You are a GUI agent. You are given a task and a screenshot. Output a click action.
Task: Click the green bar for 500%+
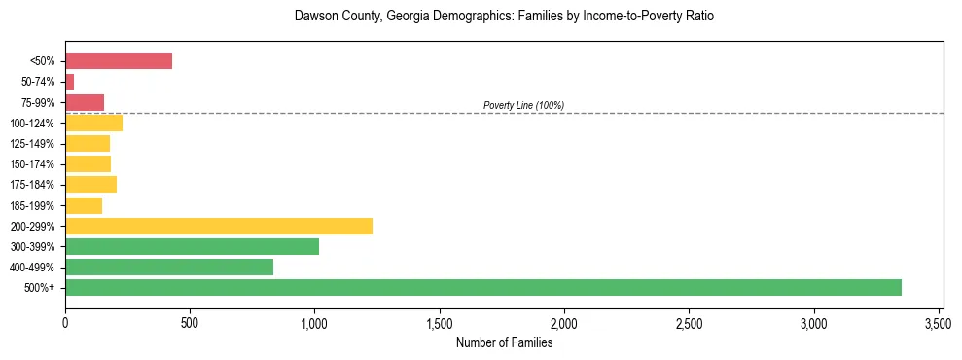pos(483,287)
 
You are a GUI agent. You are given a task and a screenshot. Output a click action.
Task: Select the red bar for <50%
pos(119,61)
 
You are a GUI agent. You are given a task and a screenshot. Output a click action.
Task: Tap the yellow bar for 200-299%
pos(219,226)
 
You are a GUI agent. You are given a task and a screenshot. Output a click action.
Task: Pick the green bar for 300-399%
pos(192,246)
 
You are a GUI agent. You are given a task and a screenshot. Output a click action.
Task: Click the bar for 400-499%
pos(169,267)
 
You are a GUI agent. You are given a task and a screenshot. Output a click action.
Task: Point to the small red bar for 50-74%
pos(70,82)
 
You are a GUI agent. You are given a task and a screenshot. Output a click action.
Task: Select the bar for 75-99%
pos(85,102)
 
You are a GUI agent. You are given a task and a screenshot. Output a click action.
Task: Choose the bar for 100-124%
pos(93,123)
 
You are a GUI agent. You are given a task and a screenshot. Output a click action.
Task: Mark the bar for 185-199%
pos(84,205)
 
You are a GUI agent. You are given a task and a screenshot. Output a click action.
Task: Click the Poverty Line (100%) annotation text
pos(523,105)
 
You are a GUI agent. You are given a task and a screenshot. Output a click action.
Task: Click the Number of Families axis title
pos(504,342)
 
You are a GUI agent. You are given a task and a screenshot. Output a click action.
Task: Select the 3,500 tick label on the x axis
pos(939,322)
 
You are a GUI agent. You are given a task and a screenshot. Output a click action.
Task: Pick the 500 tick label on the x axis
pos(190,322)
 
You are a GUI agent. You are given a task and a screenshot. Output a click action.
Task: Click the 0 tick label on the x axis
pos(65,322)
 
